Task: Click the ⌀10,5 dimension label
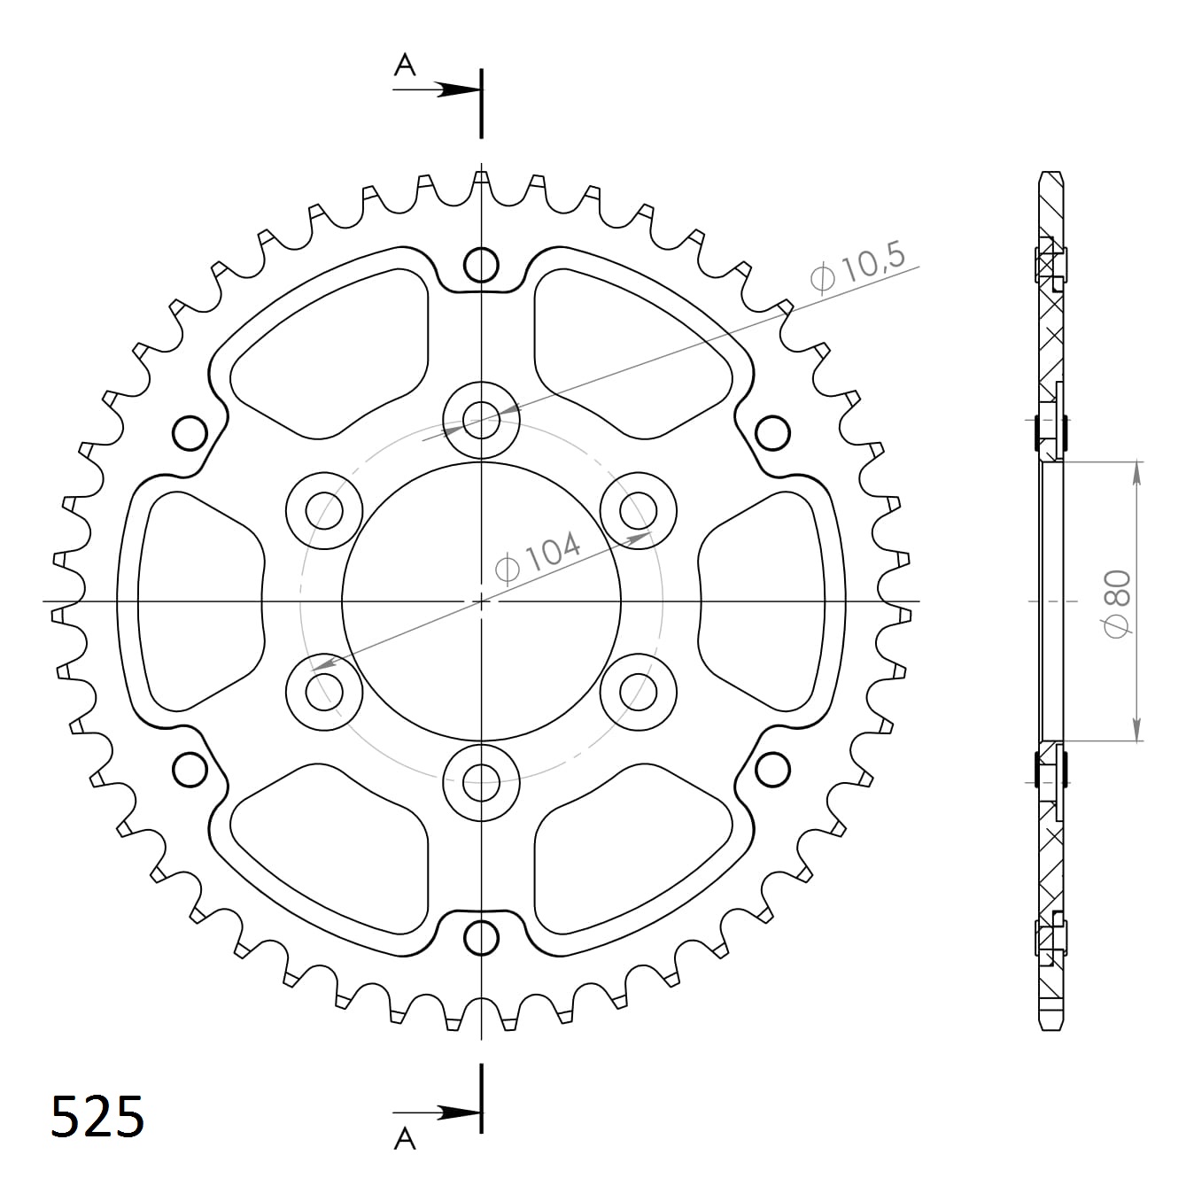857,268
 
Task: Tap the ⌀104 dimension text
538,558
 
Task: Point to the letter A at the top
405,65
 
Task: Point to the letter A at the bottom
405,1138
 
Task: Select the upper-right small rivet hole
772,433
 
